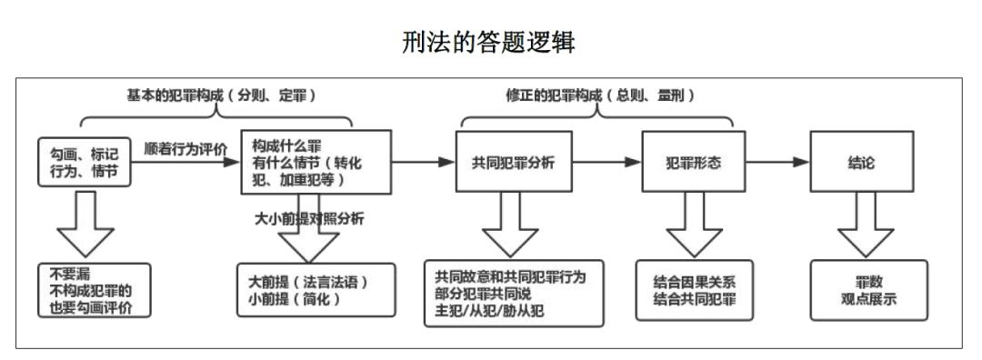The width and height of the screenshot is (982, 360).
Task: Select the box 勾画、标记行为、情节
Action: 83,161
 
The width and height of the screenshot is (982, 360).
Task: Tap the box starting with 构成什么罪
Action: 315,161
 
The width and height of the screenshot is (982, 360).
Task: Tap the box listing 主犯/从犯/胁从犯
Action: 515,293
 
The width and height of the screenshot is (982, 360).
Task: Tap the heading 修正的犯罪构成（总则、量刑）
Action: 597,96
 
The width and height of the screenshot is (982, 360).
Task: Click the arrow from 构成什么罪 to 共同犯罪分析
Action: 423,163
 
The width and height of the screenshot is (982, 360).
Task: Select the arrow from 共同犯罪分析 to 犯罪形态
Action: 607,163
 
